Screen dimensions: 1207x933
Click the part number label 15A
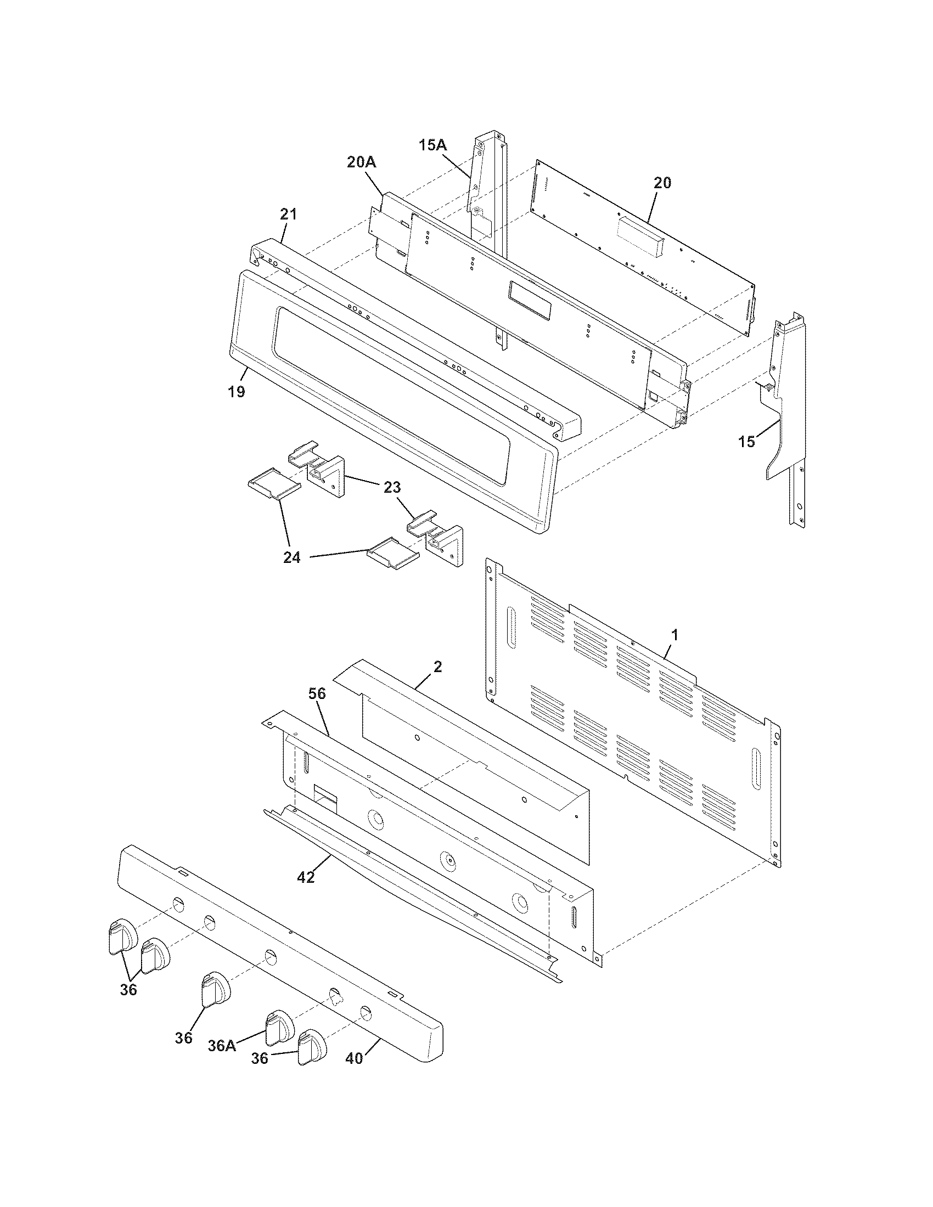433,145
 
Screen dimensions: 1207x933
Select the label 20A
362,162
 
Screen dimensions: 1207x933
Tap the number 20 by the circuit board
662,182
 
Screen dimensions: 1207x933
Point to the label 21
288,214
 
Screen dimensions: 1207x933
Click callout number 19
236,392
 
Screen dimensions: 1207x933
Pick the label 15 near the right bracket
746,442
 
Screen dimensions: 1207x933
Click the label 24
292,557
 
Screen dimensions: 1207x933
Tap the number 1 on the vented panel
674,635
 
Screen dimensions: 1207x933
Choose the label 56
318,694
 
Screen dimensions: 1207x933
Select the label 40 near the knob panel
354,1058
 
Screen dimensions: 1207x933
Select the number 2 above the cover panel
437,667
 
